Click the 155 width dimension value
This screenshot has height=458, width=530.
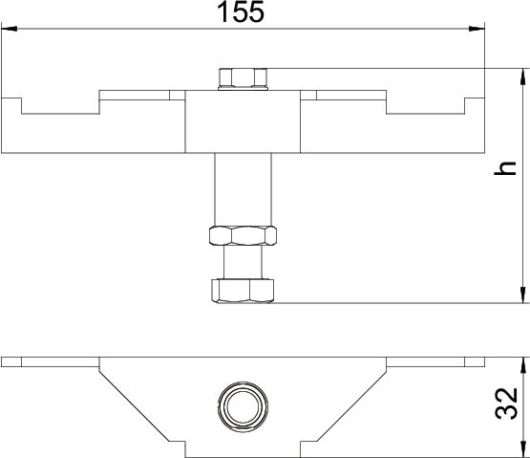[x=241, y=12]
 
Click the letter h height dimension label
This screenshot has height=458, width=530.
[x=505, y=168]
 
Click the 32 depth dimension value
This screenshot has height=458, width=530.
[x=506, y=403]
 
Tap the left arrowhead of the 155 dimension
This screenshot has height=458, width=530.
[x=10, y=29]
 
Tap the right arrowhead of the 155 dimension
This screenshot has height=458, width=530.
[x=477, y=29]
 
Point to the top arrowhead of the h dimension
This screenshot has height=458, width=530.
[x=523, y=76]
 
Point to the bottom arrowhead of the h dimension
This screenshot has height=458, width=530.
[x=523, y=295]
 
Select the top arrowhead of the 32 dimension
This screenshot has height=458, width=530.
[x=523, y=365]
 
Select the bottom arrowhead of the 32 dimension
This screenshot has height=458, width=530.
[x=523, y=449]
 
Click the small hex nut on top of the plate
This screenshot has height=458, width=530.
[x=243, y=77]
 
